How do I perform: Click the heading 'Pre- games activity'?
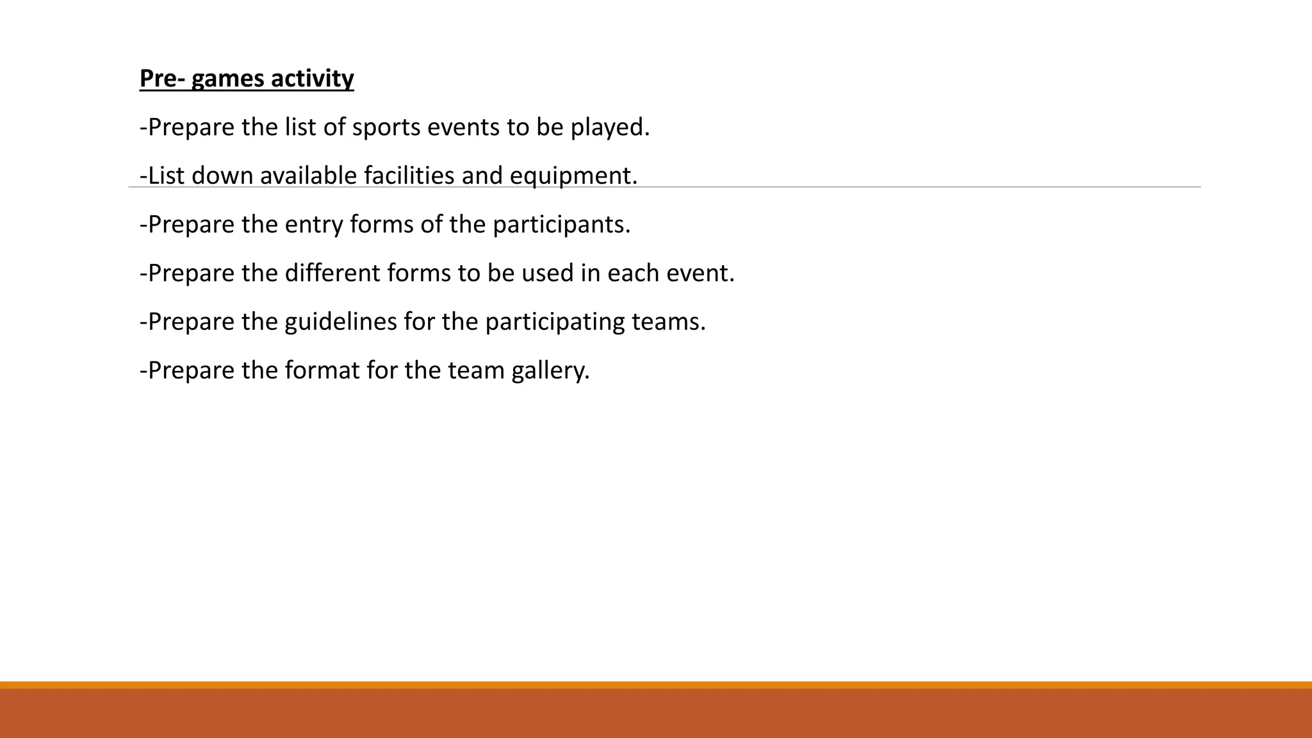point(247,79)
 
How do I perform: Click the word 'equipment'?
point(570,176)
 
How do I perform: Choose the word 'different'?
point(332,273)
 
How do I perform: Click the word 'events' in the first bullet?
point(463,127)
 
